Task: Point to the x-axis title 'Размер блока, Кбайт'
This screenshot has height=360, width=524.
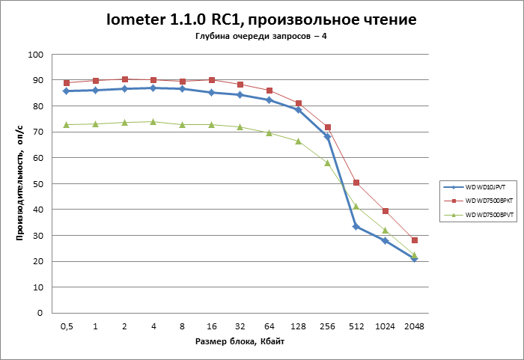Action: coord(240,341)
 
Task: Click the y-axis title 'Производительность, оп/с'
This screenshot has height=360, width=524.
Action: coord(21,183)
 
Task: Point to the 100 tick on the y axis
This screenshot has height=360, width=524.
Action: coord(35,55)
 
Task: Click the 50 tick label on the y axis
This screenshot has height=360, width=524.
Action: coord(37,183)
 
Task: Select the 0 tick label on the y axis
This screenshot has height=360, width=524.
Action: coord(40,313)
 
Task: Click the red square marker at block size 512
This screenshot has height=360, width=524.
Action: coord(356,183)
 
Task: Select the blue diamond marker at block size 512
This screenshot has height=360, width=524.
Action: coord(356,227)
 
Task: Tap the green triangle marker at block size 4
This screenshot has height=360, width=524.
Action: coord(153,121)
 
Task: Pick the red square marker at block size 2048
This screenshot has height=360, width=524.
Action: coord(414,240)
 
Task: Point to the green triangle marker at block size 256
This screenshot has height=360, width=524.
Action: coord(327,162)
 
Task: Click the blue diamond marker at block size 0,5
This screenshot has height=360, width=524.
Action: coord(66,91)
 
